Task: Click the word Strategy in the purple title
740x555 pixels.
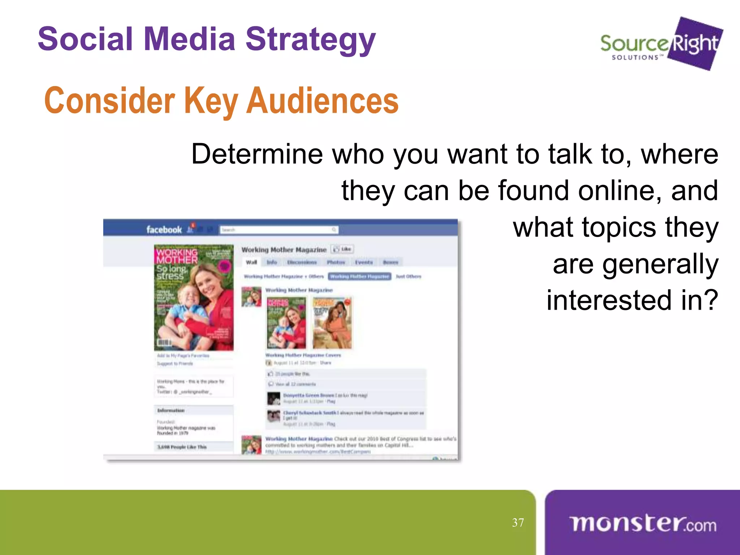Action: coord(310,40)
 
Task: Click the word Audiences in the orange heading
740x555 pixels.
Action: coord(323,101)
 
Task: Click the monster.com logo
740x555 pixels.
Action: coord(642,524)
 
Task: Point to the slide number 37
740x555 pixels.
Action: coord(518,522)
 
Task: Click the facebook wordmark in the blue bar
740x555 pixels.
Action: coord(164,229)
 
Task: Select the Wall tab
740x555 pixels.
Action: coord(251,262)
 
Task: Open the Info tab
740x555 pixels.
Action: coord(272,262)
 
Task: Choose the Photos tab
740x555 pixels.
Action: coord(336,262)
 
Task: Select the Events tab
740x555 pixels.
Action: coord(364,262)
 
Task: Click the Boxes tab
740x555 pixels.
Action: coord(391,262)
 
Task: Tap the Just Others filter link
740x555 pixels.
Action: coord(408,276)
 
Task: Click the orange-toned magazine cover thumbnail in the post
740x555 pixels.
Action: coord(332,323)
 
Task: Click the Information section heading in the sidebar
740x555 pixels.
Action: coord(171,410)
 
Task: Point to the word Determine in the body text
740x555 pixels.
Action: coord(257,154)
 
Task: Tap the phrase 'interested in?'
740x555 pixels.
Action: coord(632,300)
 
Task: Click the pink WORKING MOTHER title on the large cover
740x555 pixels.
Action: coord(177,256)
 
